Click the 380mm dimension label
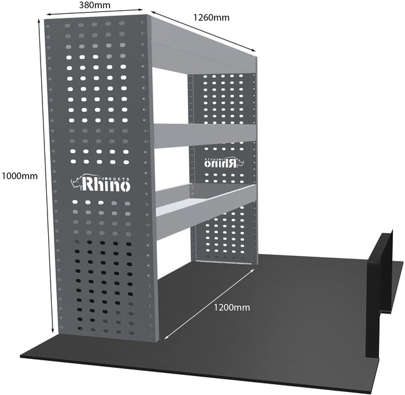[94, 5]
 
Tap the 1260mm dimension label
[211, 18]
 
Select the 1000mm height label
[20, 176]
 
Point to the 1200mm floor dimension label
[232, 308]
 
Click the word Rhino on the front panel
[106, 185]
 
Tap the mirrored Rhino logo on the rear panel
[224, 162]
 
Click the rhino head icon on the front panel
[76, 183]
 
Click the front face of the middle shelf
[205, 135]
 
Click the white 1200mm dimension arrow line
[209, 303]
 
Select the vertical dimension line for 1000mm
[46, 176]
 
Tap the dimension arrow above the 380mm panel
[94, 12]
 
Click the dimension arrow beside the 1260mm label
[203, 31]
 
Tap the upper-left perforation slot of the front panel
[68, 25]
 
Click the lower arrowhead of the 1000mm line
[53, 331]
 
